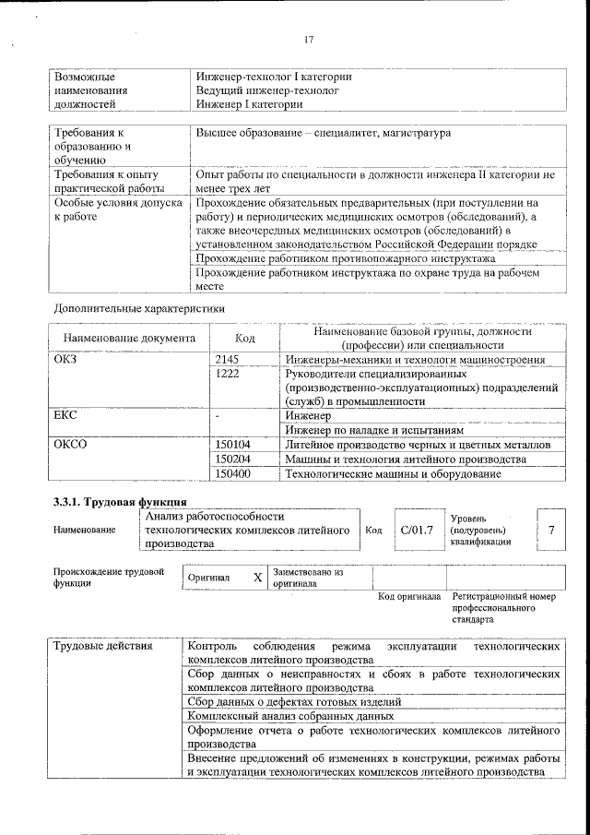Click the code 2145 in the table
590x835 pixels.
click(x=227, y=359)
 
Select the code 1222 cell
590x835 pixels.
click(x=227, y=375)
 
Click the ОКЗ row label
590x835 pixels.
click(x=67, y=359)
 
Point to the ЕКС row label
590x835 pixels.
click(x=67, y=416)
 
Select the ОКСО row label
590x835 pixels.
click(x=71, y=445)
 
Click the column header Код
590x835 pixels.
click(x=245, y=339)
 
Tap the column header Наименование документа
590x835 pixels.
click(x=129, y=339)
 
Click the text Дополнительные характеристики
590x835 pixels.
click(x=139, y=307)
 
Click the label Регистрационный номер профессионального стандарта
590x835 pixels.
click(x=503, y=609)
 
